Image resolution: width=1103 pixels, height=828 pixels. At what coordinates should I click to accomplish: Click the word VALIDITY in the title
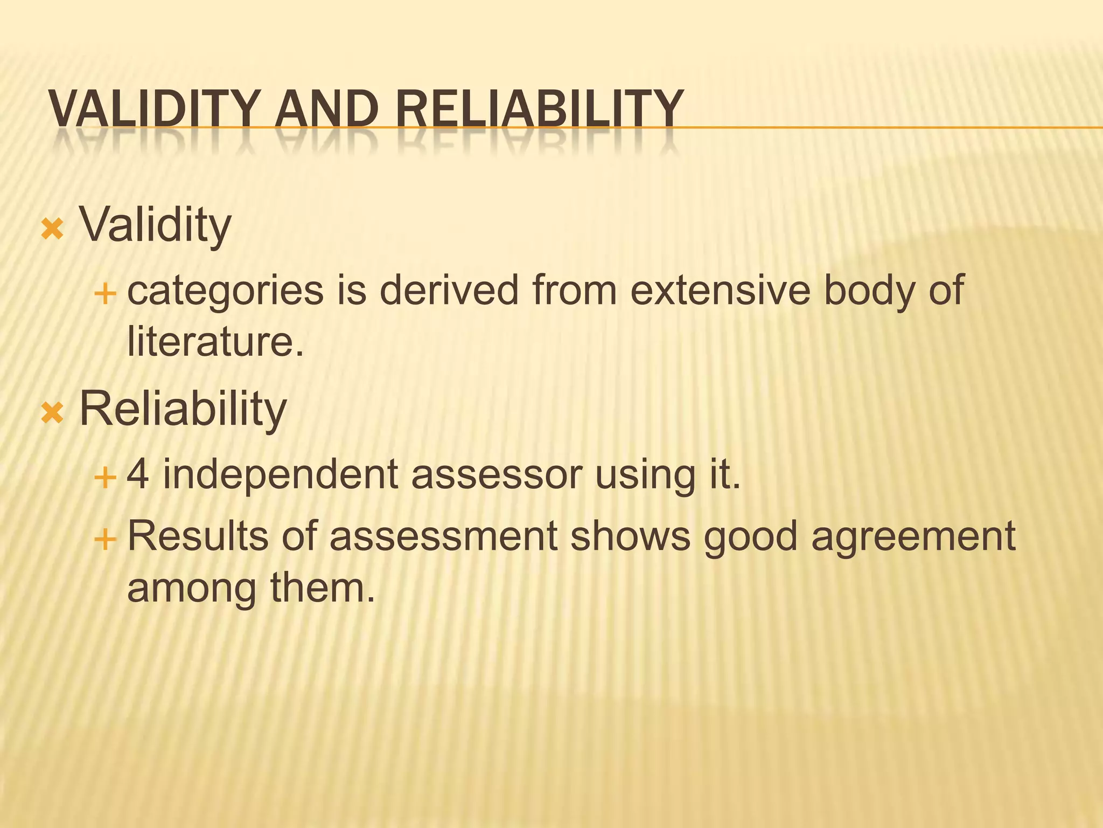pyautogui.click(x=152, y=109)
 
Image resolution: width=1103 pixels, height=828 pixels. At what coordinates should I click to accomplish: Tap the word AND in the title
pyautogui.click(x=325, y=109)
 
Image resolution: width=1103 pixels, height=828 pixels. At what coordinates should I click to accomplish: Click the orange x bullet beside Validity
pyautogui.click(x=52, y=229)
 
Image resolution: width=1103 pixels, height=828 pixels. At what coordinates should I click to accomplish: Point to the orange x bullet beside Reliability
pyautogui.click(x=52, y=413)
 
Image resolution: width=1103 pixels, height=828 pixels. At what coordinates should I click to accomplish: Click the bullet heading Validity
pyautogui.click(x=155, y=225)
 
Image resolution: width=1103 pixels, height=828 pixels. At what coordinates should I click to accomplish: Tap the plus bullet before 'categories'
pyautogui.click(x=104, y=294)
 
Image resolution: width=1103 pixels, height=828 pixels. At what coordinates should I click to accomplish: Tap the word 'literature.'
pyautogui.click(x=215, y=342)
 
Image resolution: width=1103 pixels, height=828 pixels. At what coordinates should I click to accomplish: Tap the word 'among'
pyautogui.click(x=191, y=588)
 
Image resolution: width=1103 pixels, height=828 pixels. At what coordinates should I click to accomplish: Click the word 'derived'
pyautogui.click(x=449, y=290)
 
